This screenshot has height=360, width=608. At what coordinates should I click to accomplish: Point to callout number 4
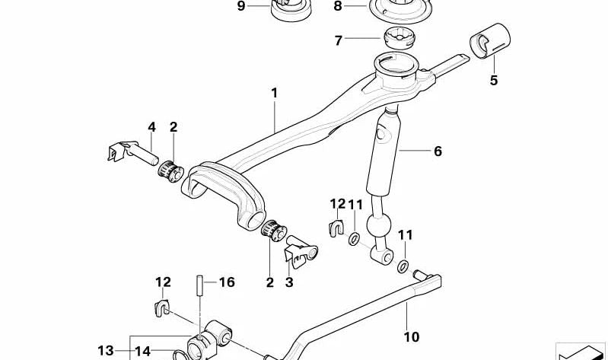coord(151,127)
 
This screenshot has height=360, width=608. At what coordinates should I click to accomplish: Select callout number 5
coord(494,80)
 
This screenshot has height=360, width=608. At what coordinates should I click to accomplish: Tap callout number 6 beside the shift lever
coord(438,151)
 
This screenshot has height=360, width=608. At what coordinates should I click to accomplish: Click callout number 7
coord(339,40)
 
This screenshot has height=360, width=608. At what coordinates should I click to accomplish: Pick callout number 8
coord(339,7)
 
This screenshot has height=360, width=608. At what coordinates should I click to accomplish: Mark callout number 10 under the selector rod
coord(411,336)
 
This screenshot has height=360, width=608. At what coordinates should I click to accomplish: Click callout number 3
coord(289,282)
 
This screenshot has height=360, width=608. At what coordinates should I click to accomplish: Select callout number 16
coord(227,282)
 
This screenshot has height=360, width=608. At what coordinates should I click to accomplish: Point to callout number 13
coord(105,351)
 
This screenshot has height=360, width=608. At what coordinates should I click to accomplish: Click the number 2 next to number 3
coord(269,282)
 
